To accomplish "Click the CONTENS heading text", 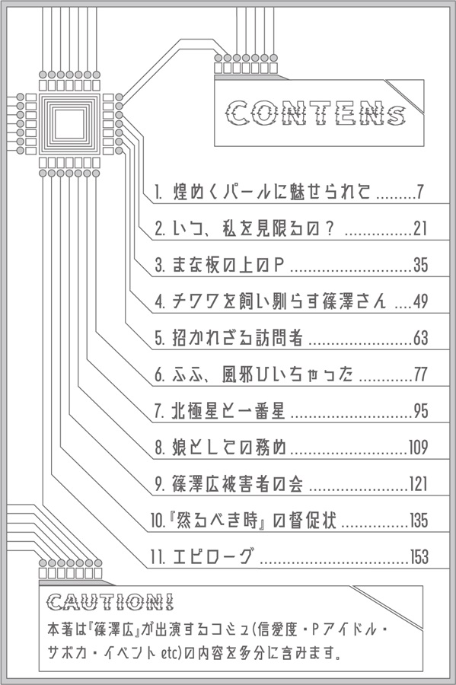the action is [x=315, y=113].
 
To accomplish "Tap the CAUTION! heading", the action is [x=110, y=602].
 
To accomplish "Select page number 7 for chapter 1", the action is [x=420, y=193].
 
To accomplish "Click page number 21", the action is [x=419, y=228].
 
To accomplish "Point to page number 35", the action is [x=420, y=265].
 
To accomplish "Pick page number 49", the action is [x=420, y=301].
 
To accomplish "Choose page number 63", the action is [x=420, y=338].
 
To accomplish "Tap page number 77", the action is [x=420, y=374].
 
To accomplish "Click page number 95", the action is [x=421, y=411].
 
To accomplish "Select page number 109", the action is [x=418, y=448].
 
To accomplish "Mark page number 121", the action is [x=418, y=484].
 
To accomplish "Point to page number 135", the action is [x=419, y=521].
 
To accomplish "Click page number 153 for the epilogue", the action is [x=419, y=557].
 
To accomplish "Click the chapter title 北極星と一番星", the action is [x=228, y=411].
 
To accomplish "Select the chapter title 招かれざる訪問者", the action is [x=238, y=338].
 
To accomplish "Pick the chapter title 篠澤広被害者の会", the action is [x=238, y=484].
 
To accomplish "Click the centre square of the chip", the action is [x=69, y=123].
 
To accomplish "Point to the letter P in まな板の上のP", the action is [x=279, y=265].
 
